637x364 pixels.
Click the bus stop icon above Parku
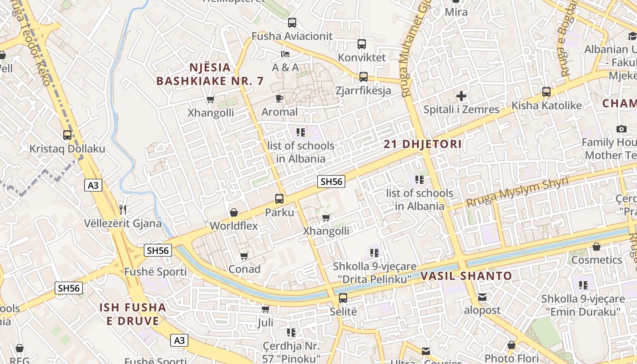click(279, 198)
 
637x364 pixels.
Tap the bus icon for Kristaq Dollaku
click(67, 135)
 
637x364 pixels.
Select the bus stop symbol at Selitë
click(343, 298)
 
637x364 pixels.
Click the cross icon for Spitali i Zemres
click(461, 96)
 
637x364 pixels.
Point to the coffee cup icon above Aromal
click(279, 98)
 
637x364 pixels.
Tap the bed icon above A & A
click(285, 54)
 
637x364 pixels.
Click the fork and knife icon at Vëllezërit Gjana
click(122, 210)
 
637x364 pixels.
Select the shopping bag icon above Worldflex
click(234, 212)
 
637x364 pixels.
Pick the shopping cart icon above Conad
click(244, 256)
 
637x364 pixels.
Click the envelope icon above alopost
click(482, 297)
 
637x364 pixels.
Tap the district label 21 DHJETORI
click(423, 145)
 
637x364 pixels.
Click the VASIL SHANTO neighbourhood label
click(466, 276)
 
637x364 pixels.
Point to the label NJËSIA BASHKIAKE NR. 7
click(210, 75)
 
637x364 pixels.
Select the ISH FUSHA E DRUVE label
click(133, 314)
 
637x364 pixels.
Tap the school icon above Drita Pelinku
click(374, 253)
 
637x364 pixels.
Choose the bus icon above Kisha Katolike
click(546, 92)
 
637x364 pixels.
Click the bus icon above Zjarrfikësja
click(363, 77)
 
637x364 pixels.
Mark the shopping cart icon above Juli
click(265, 309)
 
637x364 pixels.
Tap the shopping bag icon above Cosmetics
click(596, 247)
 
